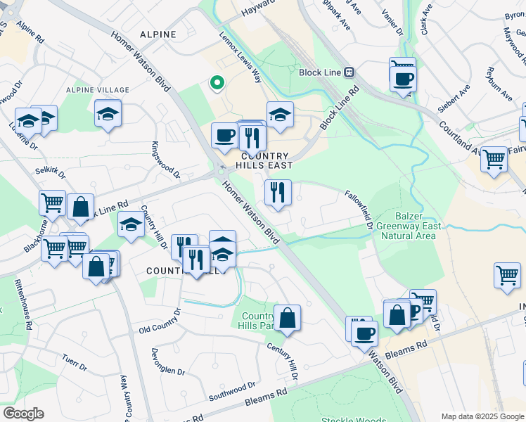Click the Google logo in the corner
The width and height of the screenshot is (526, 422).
[23, 414]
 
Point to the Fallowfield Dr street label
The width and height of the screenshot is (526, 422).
[359, 209]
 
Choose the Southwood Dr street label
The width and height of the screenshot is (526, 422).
[232, 389]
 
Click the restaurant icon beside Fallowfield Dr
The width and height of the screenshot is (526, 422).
[278, 191]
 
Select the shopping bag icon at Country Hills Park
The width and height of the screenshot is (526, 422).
[287, 318]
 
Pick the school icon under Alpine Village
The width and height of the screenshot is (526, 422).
[108, 113]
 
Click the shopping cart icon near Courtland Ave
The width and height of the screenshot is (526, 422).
[494, 159]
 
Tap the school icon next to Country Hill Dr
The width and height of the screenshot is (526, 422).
[131, 224]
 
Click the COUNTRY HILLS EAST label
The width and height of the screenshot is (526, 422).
[264, 161]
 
